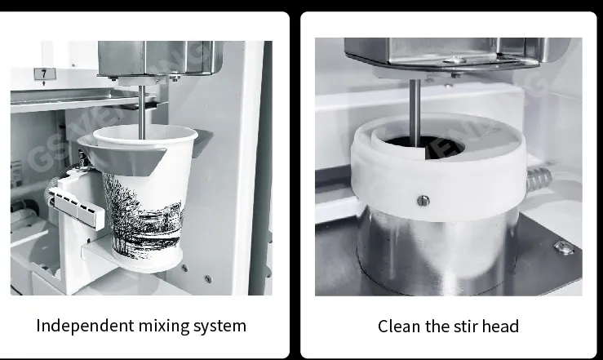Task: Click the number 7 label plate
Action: pos(45,73)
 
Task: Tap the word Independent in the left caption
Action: pos(85,326)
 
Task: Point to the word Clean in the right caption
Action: pos(399,327)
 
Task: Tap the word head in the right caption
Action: pos(500,327)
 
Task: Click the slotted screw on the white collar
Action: pos(423,200)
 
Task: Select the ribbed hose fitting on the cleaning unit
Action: pos(539,178)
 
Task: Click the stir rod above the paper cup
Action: pos(142,112)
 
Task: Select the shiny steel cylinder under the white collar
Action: pos(437,250)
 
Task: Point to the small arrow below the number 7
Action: pos(44,83)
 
